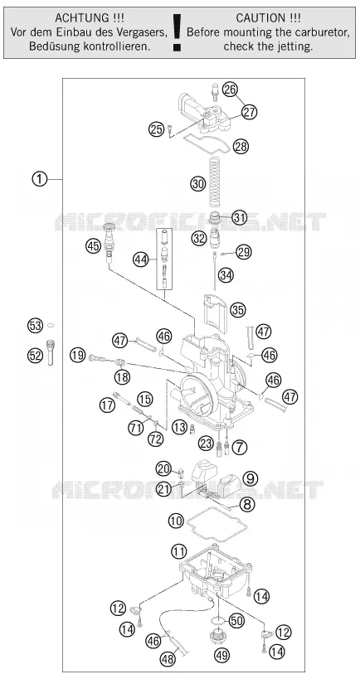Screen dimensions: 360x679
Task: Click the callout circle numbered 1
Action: pos(40,179)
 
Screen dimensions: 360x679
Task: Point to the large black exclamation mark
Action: pos(177,32)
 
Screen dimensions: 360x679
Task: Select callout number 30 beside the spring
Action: pos(198,184)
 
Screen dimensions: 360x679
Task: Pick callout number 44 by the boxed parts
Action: pos(140,259)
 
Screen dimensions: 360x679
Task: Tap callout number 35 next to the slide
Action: pos(238,310)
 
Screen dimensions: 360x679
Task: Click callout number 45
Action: pos(93,246)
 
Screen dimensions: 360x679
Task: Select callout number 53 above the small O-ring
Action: pos(36,325)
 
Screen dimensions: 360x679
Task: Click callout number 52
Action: pos(36,356)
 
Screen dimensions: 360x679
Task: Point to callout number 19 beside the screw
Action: pos(78,356)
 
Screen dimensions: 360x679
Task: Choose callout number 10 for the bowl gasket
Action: pos(176,521)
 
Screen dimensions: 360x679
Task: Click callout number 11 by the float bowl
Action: pos(179,551)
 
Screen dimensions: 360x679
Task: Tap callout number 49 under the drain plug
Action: pos(222,655)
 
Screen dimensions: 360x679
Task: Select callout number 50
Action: pos(236,621)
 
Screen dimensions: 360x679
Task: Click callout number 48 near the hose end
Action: pos(168,659)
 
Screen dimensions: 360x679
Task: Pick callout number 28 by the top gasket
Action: pos(241,147)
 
